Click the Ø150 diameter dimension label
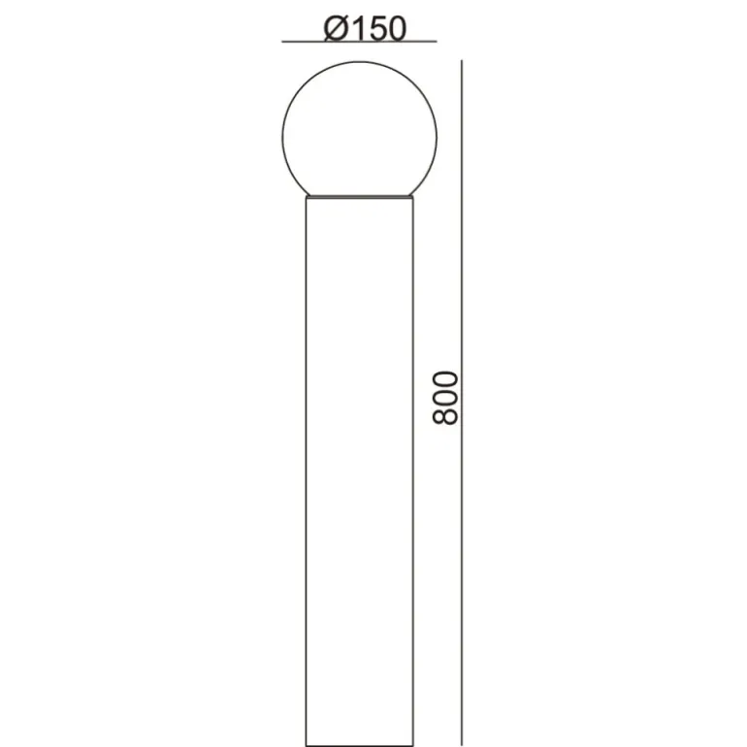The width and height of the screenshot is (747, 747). (366, 27)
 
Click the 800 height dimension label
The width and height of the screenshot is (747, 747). (445, 398)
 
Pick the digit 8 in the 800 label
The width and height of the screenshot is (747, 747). (445, 416)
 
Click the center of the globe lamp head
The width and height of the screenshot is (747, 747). (360, 134)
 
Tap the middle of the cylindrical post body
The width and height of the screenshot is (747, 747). (360, 471)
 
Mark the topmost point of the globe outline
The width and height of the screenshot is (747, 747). (360, 61)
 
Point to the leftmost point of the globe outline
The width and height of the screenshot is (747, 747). (282, 137)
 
